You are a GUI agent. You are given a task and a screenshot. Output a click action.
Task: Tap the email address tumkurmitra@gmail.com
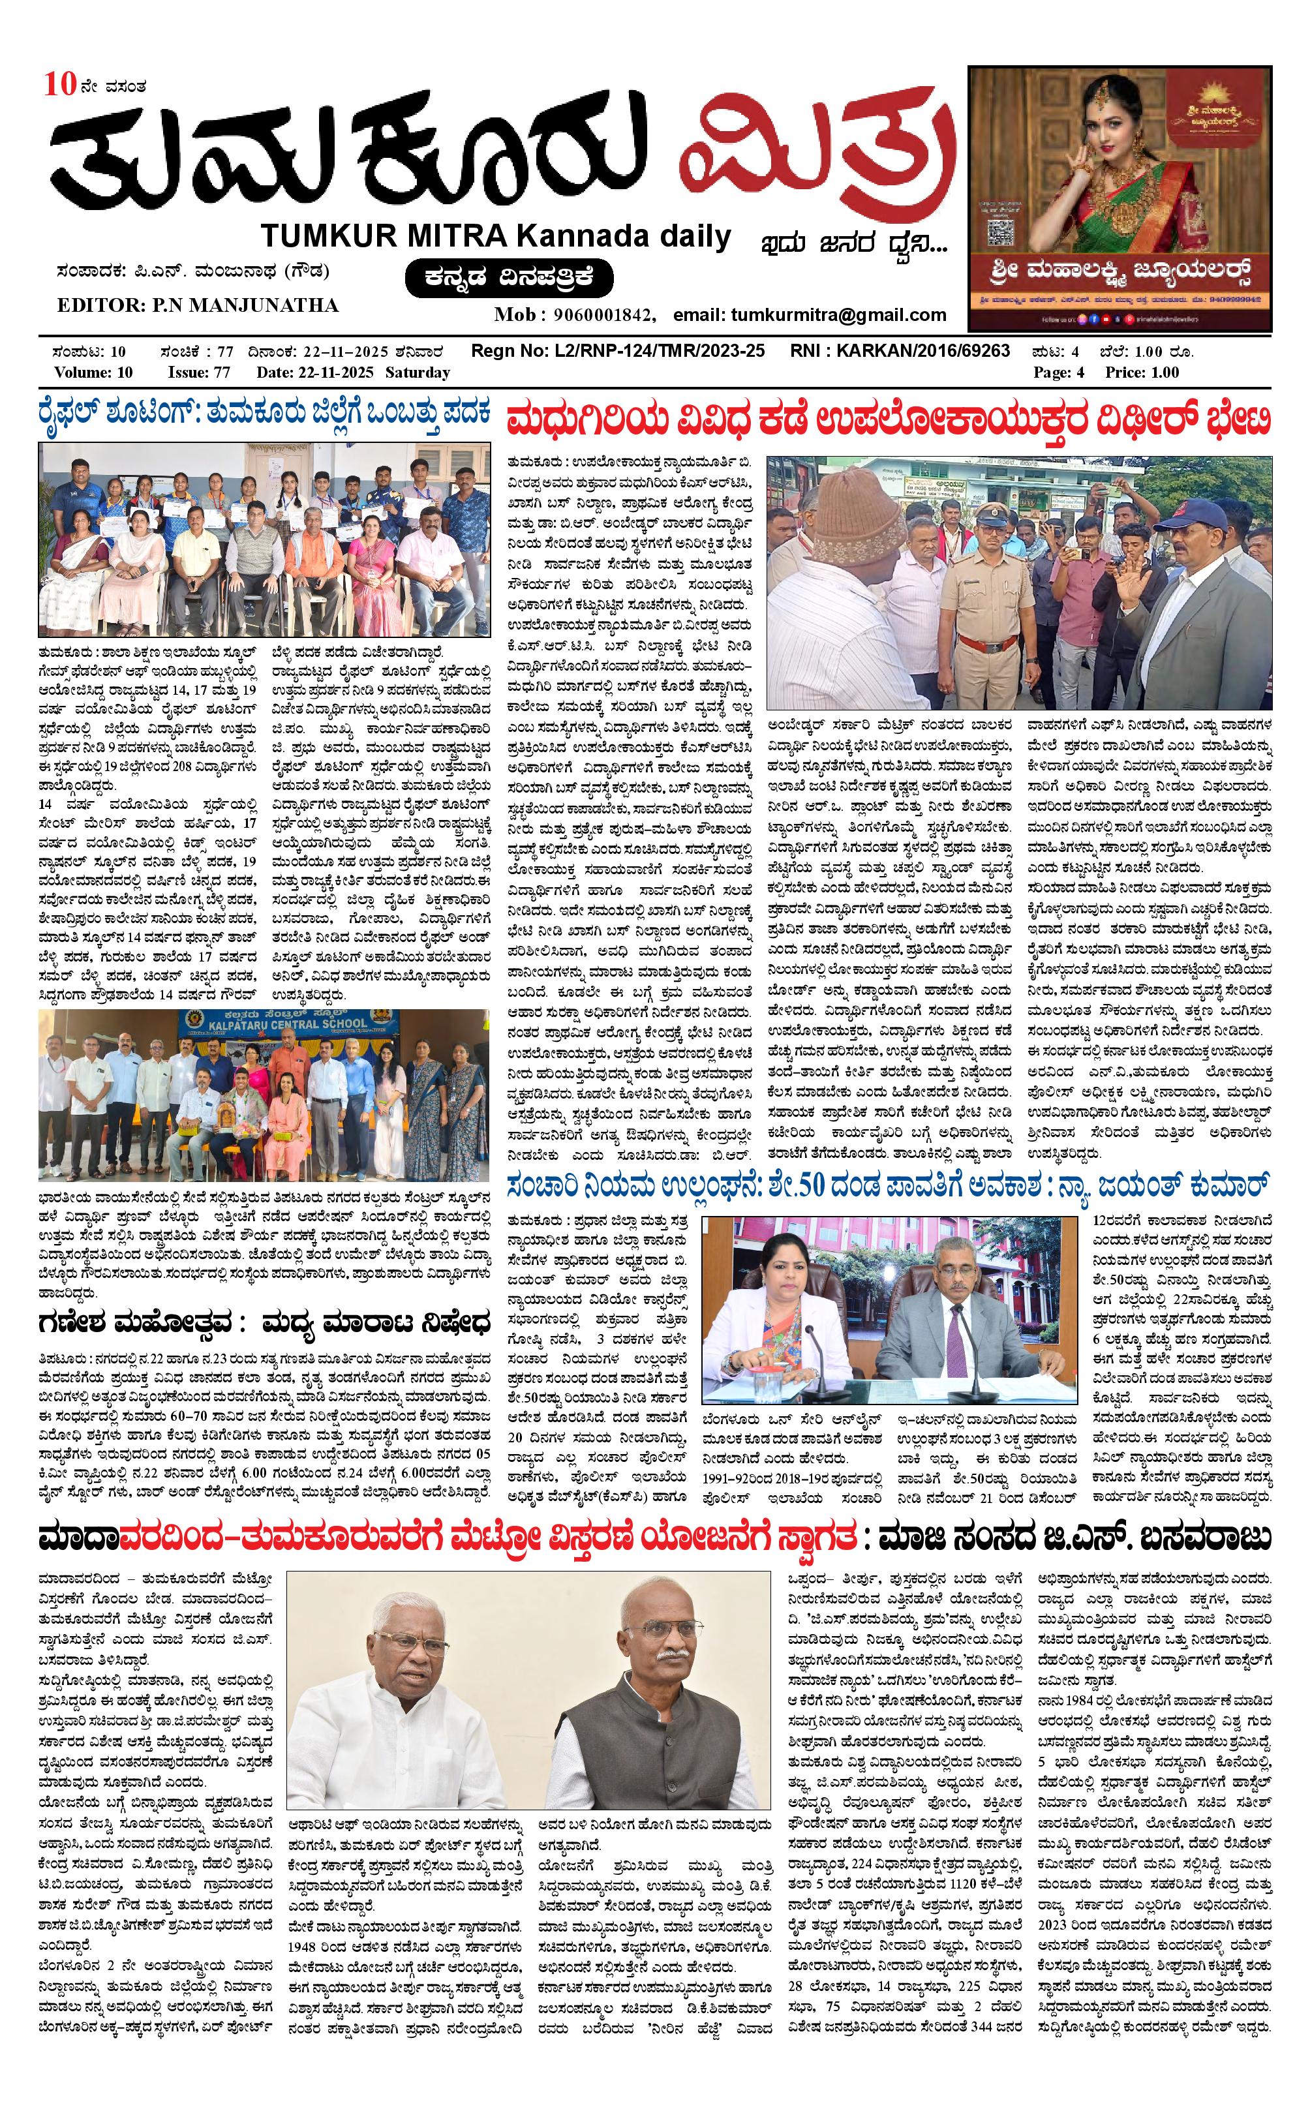[x=838, y=314]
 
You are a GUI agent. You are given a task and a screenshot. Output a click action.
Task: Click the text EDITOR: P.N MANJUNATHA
[x=198, y=305]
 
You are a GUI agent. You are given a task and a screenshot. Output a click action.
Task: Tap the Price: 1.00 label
[x=1142, y=372]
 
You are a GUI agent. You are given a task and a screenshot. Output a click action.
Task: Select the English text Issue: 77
[x=198, y=372]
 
